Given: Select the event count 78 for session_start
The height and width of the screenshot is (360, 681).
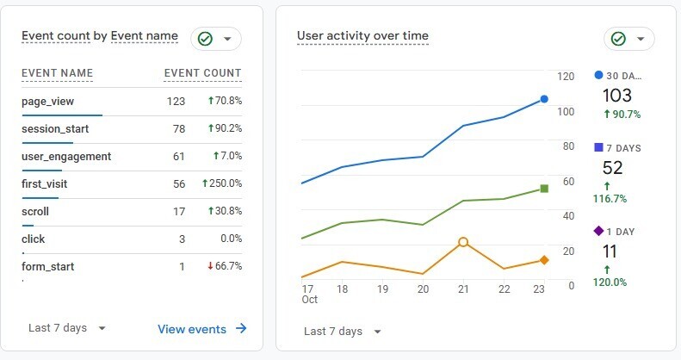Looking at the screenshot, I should coord(176,129).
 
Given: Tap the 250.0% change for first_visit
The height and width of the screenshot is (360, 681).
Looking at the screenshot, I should coord(222,183).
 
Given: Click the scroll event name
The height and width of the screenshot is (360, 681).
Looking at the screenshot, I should coord(35,212).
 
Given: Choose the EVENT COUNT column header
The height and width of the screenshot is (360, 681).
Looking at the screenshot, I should coord(202,73).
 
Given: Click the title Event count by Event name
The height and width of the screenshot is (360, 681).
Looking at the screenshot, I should coord(100,36).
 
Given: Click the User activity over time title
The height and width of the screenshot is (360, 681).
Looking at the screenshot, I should coord(362,36).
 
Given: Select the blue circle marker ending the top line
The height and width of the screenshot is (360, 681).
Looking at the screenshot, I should coord(544,99).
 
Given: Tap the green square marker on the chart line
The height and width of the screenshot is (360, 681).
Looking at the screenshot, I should coord(544,189).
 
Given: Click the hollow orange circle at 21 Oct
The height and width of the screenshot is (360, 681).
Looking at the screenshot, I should coord(463,243).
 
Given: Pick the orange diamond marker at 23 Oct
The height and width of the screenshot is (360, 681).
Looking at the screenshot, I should coord(544,260).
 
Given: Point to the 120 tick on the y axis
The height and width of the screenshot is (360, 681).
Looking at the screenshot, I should coord(566,77).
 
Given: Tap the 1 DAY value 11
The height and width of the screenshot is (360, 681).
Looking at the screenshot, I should coord(610,251).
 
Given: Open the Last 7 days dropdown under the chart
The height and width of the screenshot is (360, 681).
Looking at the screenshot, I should coord(342,332).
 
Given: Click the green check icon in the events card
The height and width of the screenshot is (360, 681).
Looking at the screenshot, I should coord(205,39).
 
